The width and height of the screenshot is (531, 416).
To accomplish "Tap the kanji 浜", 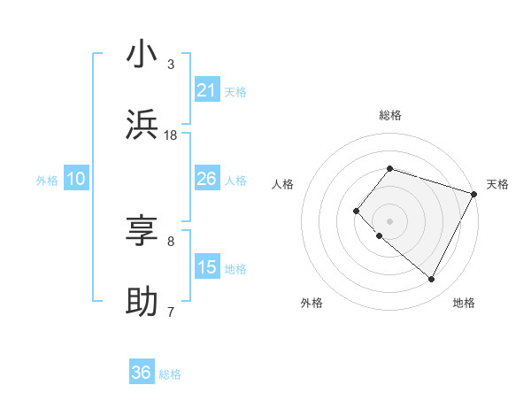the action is pos(142,124).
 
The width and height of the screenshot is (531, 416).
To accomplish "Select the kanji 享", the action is pos(142,231).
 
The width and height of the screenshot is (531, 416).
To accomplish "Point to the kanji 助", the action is pos(142,301).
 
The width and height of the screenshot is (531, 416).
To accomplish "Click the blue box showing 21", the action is pos(207,90).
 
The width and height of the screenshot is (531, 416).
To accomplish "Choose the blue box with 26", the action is pos(207,179).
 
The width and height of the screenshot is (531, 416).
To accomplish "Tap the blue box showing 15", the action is pos(207,267).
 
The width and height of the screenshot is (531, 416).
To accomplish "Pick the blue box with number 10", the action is pos(76,179).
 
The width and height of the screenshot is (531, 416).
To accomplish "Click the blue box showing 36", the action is pos(142,373).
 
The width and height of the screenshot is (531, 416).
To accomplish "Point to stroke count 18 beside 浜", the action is pos(171,135).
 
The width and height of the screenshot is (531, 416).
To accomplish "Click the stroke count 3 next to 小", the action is pos(171,65).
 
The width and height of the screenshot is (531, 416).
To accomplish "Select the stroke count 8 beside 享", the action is pos(171,241).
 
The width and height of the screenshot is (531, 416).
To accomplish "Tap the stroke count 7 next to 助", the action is pos(171,312).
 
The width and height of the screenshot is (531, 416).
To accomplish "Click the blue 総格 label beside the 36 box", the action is pos(170,374).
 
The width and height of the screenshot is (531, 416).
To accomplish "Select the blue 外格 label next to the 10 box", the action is pos(47,180).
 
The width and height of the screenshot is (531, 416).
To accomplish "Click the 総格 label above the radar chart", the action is pos(389,116).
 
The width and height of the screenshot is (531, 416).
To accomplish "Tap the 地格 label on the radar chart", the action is pos(464,304).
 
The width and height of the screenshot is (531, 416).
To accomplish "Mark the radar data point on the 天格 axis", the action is pos(473,193).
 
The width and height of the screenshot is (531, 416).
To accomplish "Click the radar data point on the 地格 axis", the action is pos(431,280).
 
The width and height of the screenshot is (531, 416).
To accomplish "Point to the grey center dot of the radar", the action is pos(389,220).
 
